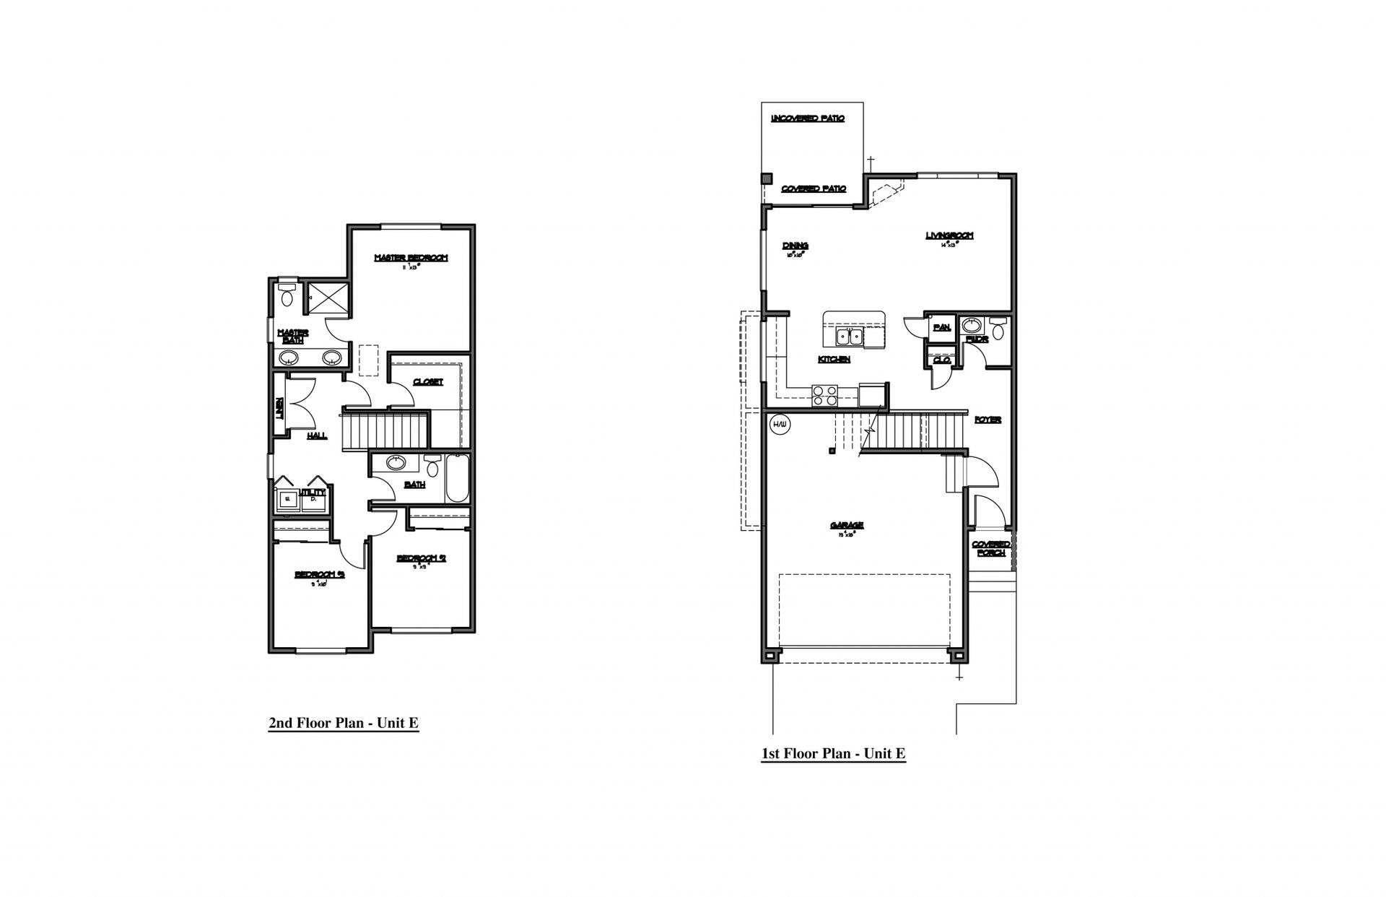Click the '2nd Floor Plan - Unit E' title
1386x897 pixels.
click(344, 723)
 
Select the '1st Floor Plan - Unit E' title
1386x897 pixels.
click(833, 754)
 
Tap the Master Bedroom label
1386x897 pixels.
click(411, 258)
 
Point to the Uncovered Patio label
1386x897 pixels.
click(808, 118)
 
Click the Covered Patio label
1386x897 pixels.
click(814, 188)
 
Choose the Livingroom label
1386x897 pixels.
click(949, 235)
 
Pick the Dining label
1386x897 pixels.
click(795, 246)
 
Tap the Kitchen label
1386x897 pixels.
click(834, 359)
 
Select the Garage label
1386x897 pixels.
click(847, 526)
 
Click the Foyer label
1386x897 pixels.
click(988, 420)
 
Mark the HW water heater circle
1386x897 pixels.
click(779, 424)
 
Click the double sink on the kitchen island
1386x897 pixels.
click(849, 337)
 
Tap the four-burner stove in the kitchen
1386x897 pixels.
click(825, 395)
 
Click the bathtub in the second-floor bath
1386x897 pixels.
click(457, 477)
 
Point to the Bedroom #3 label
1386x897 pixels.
click(319, 575)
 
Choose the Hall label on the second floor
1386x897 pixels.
click(316, 435)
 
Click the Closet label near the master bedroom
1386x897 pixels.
click(427, 381)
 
